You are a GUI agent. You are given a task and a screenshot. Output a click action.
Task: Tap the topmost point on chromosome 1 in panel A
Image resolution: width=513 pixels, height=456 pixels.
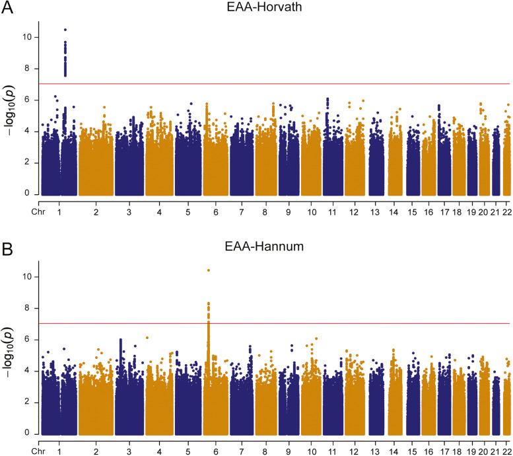[65, 30]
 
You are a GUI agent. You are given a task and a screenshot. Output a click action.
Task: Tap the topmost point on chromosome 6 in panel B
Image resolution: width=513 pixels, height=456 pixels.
[209, 270]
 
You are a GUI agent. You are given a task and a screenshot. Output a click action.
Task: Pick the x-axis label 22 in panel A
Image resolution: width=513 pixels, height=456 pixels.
[506, 213]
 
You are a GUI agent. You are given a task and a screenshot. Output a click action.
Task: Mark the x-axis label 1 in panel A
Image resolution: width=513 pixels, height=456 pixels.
[59, 213]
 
